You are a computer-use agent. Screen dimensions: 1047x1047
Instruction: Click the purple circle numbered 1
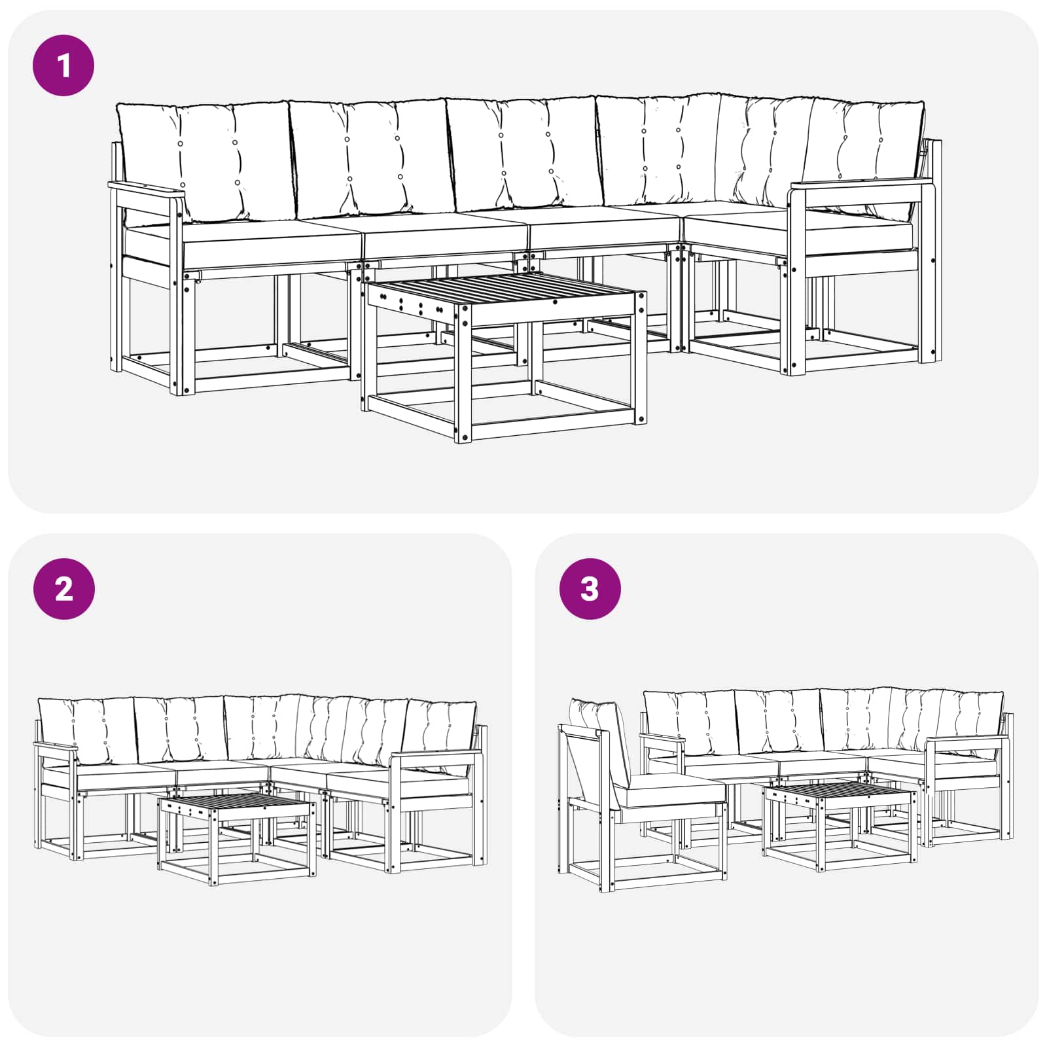pyautogui.click(x=63, y=65)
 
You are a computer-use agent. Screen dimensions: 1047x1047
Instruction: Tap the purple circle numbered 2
pyautogui.click(x=63, y=589)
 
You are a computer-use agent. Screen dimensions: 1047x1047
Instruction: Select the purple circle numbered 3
pyautogui.click(x=590, y=589)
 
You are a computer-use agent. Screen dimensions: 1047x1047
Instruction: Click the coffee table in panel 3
pyautogui.click(x=840, y=826)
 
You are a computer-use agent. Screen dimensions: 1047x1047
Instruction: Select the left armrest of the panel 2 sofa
pyautogui.click(x=56, y=747)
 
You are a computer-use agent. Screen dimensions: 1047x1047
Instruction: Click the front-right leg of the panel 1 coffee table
pyautogui.click(x=641, y=357)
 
